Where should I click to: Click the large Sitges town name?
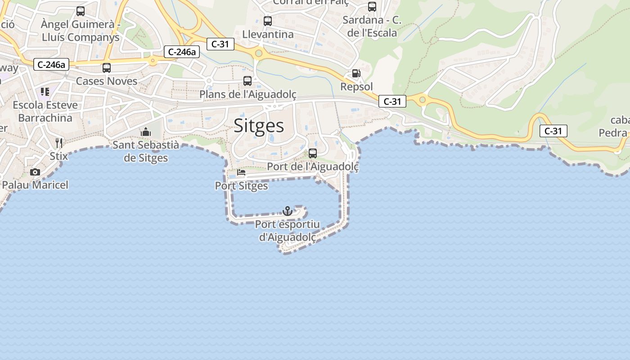(x=259, y=126)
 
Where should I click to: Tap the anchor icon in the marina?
(x=287, y=211)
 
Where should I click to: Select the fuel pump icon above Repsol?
(x=356, y=73)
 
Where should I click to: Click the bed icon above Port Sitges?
(x=241, y=172)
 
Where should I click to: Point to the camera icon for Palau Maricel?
(x=35, y=172)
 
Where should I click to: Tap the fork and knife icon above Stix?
(x=59, y=143)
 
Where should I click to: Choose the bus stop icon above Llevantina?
(x=268, y=21)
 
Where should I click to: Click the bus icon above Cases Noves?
(x=107, y=68)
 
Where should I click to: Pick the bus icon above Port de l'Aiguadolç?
(x=313, y=153)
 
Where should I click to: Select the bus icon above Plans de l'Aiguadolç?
(x=247, y=81)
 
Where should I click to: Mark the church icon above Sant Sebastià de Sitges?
(x=145, y=132)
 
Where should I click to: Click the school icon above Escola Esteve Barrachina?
(x=45, y=92)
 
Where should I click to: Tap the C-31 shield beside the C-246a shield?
(x=220, y=44)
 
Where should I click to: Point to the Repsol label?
(x=357, y=86)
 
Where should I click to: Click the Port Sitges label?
(x=241, y=185)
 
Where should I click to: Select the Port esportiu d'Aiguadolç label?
(x=287, y=230)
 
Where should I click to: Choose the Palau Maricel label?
(x=35, y=184)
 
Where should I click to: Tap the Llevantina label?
(x=268, y=34)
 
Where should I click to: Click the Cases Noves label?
(x=107, y=81)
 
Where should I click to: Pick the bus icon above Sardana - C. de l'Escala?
(x=372, y=7)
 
